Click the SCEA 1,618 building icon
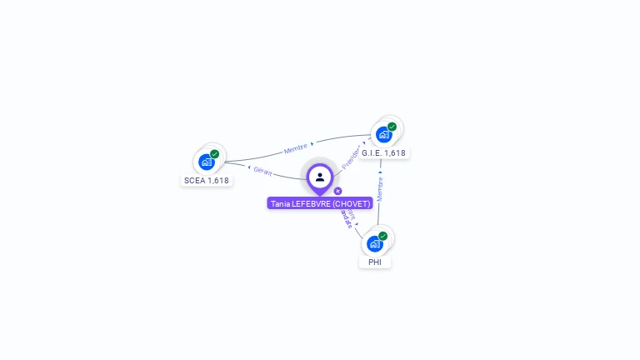pos(207,162)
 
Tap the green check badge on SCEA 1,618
pos(215,154)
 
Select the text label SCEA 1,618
pos(206,180)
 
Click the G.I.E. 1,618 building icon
pos(383,134)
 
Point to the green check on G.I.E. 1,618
pos(392,127)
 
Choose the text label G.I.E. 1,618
pos(383,153)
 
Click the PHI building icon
pos(374,243)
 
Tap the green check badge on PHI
pos(382,236)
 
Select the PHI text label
pos(375,262)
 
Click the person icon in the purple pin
pos(320,177)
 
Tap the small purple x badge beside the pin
pos(337,191)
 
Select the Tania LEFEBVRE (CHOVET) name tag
pos(320,203)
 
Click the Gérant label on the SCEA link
pos(262,171)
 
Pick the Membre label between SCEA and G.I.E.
pos(295,148)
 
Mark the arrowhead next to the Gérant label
pos(249,167)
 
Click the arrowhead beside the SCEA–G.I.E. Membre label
pos(312,144)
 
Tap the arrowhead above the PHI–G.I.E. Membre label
pos(380,172)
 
